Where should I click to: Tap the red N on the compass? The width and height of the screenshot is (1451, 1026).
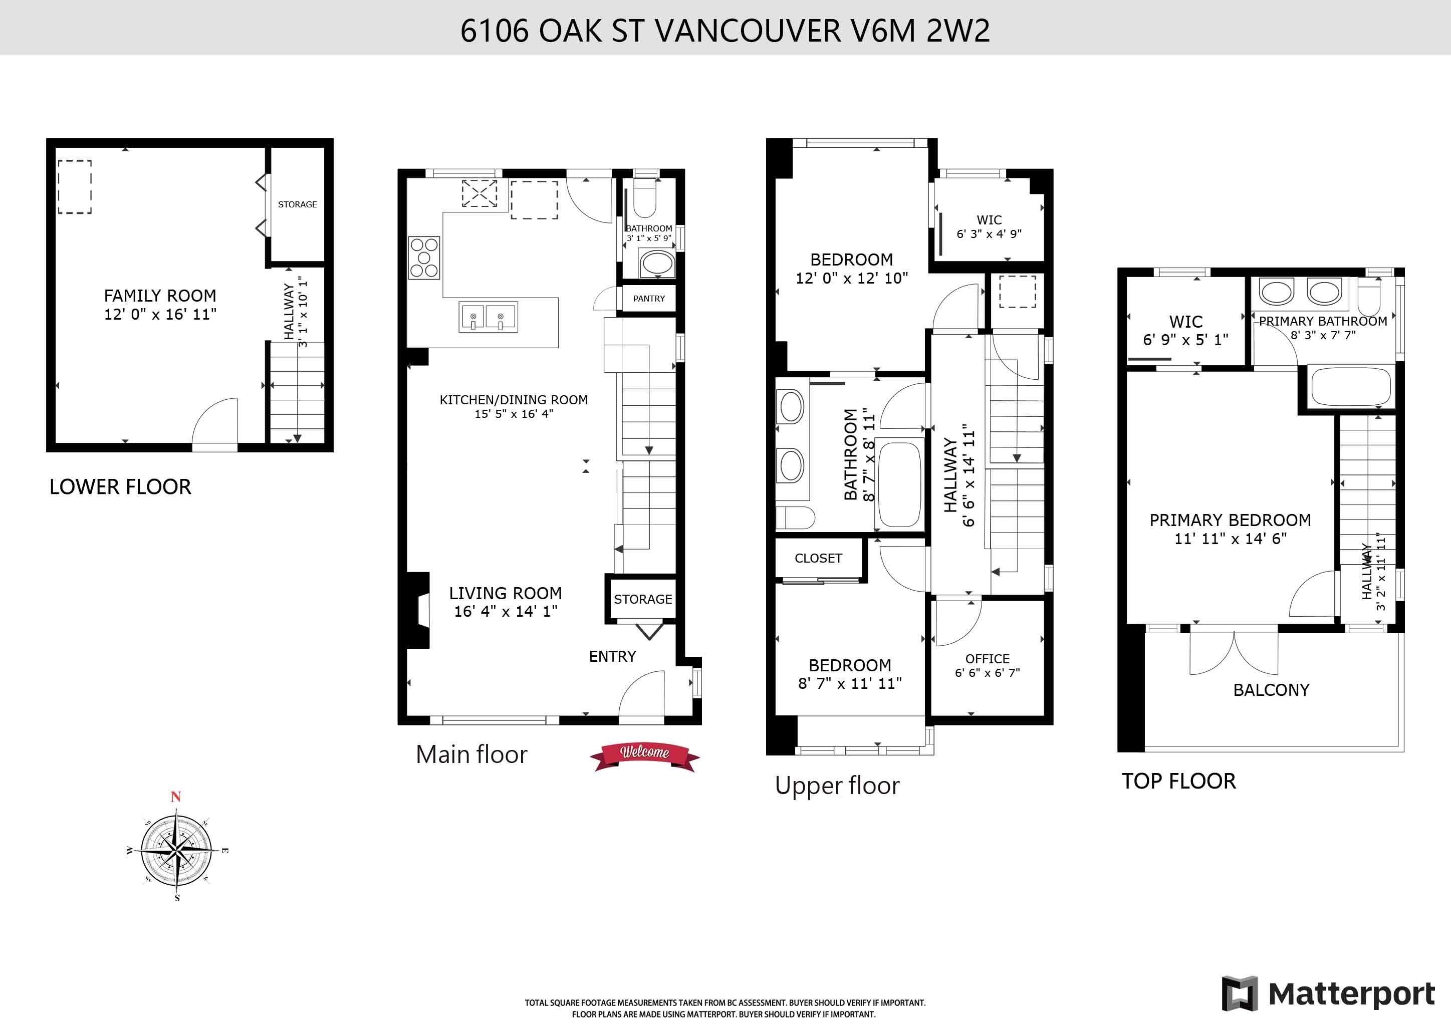(x=176, y=797)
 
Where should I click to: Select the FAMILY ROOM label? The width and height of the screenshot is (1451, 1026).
(x=160, y=296)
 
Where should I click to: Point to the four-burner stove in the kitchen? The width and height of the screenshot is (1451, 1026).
(x=423, y=257)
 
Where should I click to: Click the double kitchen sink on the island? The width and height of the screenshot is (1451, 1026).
(x=487, y=317)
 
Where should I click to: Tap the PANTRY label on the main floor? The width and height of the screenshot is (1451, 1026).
(x=649, y=299)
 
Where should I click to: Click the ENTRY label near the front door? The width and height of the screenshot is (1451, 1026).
(x=612, y=656)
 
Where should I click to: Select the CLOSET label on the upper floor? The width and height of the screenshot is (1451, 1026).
(x=818, y=559)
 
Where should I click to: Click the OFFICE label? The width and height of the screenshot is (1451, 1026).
(x=987, y=659)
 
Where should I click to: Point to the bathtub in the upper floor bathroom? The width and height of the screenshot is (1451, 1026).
(x=900, y=484)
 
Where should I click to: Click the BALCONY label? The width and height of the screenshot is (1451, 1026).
(x=1272, y=690)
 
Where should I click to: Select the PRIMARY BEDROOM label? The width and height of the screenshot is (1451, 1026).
(x=1231, y=520)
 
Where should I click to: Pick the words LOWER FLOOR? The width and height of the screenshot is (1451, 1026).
(x=120, y=486)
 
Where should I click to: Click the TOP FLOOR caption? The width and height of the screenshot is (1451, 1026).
(x=1178, y=782)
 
